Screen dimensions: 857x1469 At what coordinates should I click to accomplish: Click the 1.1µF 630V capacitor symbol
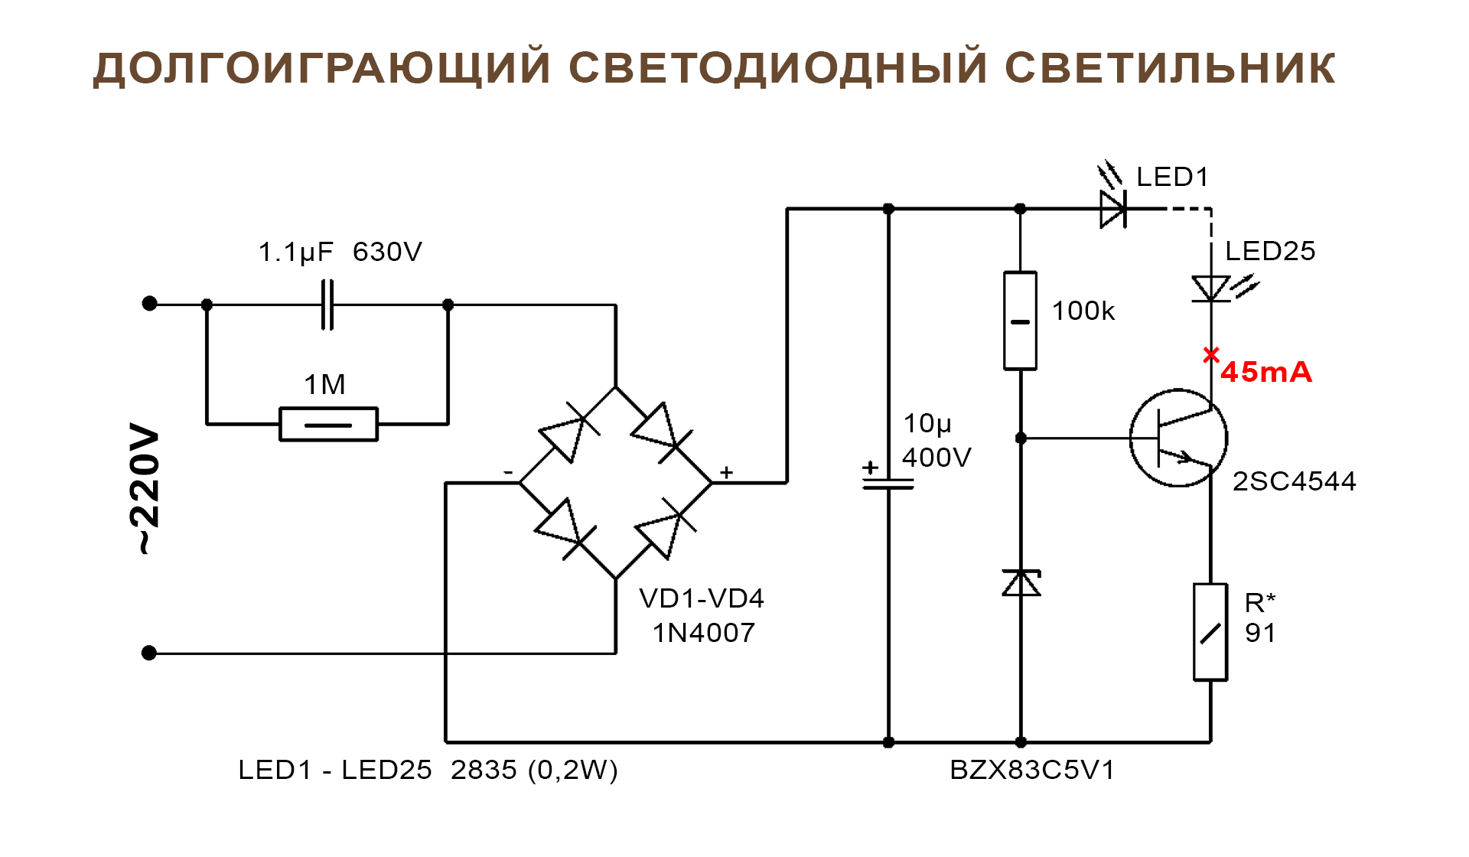click(x=327, y=305)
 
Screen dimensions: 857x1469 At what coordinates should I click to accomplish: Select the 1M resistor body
click(x=328, y=424)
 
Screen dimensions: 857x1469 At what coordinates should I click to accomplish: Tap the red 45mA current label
click(x=1266, y=373)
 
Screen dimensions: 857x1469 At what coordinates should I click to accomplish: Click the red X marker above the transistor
click(x=1210, y=355)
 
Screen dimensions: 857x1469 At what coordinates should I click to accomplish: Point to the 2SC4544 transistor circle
click(x=1178, y=438)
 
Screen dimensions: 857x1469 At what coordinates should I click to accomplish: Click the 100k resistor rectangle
click(x=1020, y=321)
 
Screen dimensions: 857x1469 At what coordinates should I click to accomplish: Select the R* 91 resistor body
click(x=1210, y=632)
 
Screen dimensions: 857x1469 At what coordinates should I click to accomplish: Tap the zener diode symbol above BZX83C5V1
click(x=1021, y=583)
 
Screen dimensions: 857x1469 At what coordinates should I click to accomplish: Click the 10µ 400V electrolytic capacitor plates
click(x=888, y=483)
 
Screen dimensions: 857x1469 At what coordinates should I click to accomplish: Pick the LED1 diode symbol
click(x=1113, y=209)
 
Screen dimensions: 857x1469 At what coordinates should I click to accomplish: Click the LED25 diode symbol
click(x=1211, y=289)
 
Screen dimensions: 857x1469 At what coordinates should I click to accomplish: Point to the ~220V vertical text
click(x=145, y=487)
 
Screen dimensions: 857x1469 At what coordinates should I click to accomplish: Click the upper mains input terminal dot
click(x=150, y=304)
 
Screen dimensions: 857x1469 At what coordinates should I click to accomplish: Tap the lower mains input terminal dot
click(x=149, y=653)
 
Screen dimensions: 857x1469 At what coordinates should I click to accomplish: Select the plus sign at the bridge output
click(x=727, y=473)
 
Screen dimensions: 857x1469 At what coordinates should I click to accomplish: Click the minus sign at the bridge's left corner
click(x=508, y=473)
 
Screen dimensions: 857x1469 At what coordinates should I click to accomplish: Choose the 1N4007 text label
click(x=704, y=633)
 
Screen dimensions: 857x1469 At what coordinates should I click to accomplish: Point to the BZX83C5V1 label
click(x=1032, y=770)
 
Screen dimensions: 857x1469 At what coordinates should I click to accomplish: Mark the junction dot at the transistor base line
click(x=1021, y=438)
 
